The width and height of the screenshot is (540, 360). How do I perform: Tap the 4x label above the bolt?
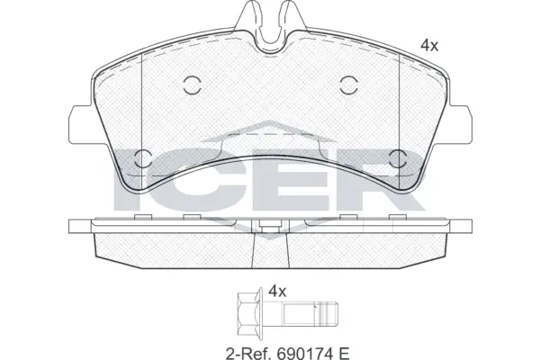tap(276, 292)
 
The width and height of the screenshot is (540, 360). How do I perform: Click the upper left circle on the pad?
tap(190, 85)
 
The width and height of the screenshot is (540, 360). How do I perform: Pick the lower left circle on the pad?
tap(141, 161)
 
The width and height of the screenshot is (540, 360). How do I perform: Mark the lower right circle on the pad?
tap(398, 161)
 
